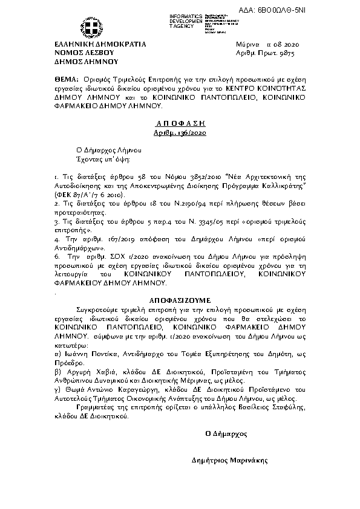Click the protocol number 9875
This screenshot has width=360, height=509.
click(x=272, y=53)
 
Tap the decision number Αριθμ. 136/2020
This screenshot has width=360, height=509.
click(x=180, y=132)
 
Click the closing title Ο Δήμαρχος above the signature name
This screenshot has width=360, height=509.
click(x=226, y=433)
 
